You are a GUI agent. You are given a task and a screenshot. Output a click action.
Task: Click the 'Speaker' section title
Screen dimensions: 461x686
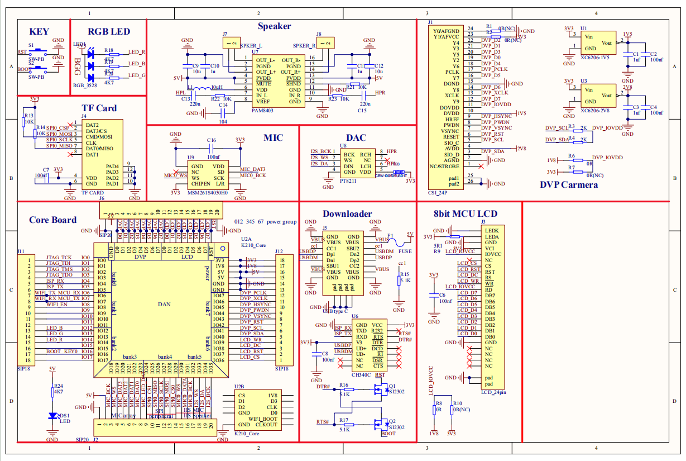point(274,26)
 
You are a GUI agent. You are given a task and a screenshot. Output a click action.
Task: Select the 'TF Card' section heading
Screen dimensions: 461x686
point(99,108)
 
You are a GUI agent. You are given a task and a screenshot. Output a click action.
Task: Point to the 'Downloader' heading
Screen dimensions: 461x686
point(347,213)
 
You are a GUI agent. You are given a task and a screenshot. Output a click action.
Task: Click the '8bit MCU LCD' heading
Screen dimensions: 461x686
point(465,213)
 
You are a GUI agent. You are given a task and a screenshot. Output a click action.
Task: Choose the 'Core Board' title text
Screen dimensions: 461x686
point(52,220)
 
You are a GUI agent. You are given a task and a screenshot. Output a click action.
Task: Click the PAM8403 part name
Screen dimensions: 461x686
point(262,111)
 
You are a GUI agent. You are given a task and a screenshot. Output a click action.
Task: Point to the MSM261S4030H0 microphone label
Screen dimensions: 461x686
point(208,192)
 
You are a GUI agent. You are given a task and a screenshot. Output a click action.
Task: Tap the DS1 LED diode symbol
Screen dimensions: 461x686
point(52,416)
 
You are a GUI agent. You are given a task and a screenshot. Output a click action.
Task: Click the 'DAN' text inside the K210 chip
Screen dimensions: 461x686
point(164,304)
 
